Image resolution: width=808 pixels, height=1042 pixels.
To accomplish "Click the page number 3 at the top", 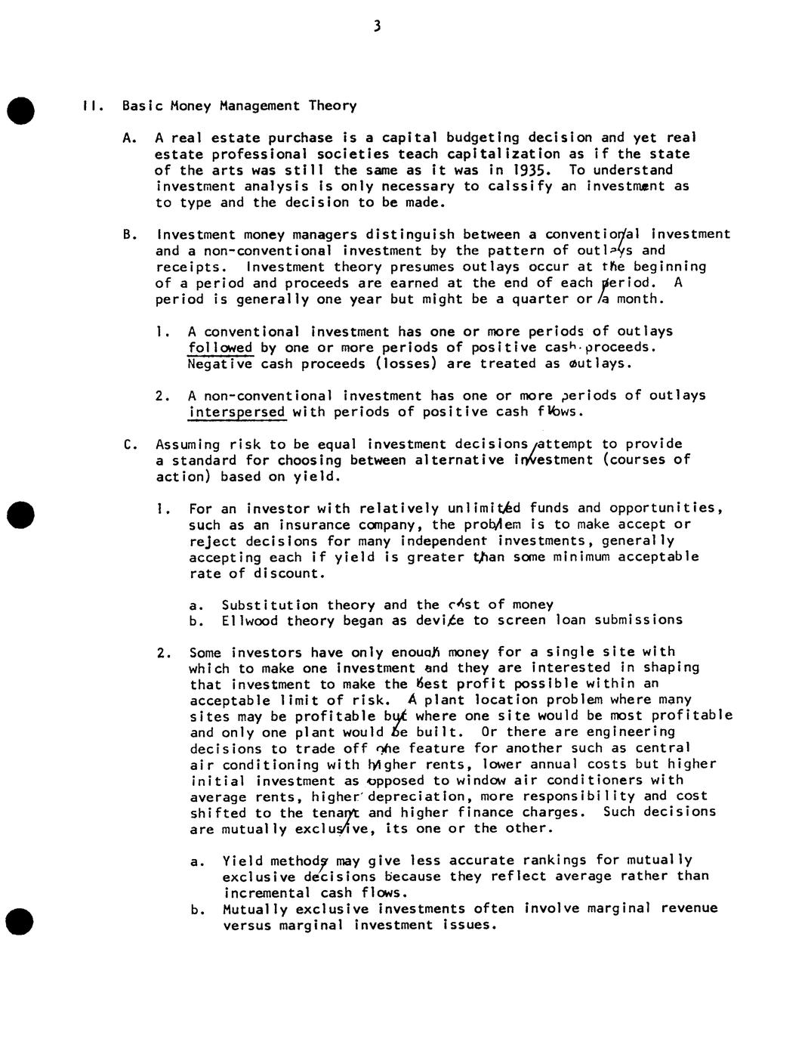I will click(x=376, y=27).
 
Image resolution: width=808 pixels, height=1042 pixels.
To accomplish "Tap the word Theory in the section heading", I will click(x=332, y=106).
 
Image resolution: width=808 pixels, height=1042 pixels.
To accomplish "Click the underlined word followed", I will click(x=221, y=348).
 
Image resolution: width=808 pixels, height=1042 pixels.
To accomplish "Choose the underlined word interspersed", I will click(x=236, y=412).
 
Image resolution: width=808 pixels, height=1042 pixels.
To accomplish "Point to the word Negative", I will click(x=220, y=363).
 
